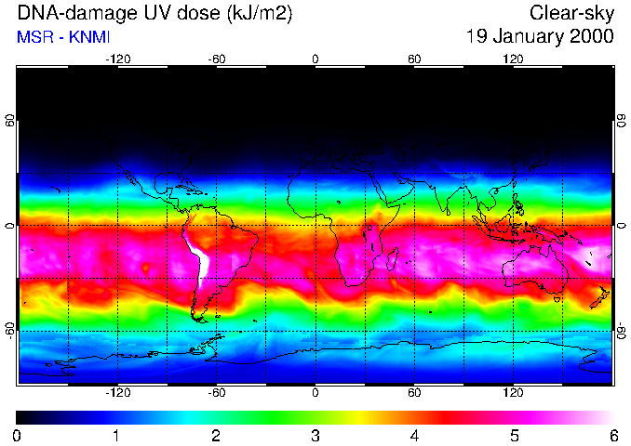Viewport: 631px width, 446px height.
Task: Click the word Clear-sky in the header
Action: (x=571, y=14)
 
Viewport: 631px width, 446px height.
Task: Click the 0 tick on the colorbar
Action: (x=17, y=435)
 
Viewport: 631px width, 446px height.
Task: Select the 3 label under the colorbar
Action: (x=315, y=435)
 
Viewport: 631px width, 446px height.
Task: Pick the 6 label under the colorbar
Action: (x=612, y=435)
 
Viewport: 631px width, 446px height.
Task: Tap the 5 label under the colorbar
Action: (x=514, y=435)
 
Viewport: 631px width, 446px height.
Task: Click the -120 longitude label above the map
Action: (x=116, y=59)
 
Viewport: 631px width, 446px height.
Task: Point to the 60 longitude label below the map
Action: (x=414, y=393)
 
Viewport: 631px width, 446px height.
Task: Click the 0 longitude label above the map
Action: (x=315, y=59)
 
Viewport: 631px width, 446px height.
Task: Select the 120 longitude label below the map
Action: (x=513, y=393)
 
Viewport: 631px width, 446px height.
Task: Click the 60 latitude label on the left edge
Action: (x=9, y=121)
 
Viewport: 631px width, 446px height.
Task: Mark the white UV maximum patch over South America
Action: (x=197, y=256)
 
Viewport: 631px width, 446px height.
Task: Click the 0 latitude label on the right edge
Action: (x=621, y=226)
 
